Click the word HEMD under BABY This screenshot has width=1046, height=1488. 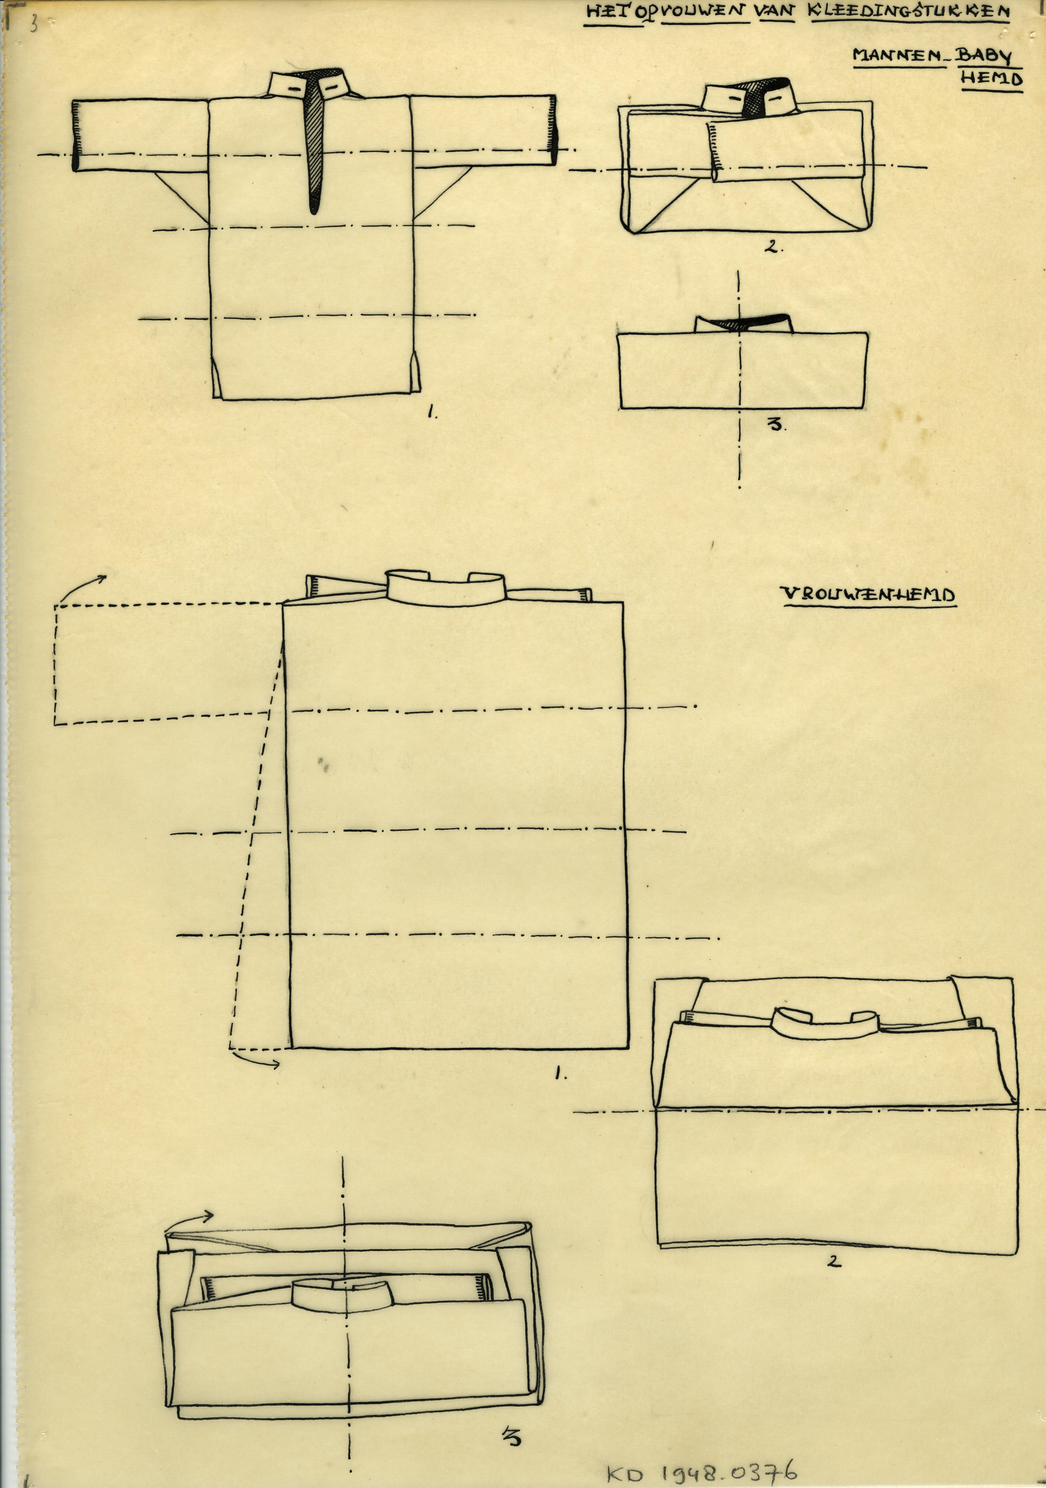pos(991,79)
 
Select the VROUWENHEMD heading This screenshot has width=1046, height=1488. pos(868,594)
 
